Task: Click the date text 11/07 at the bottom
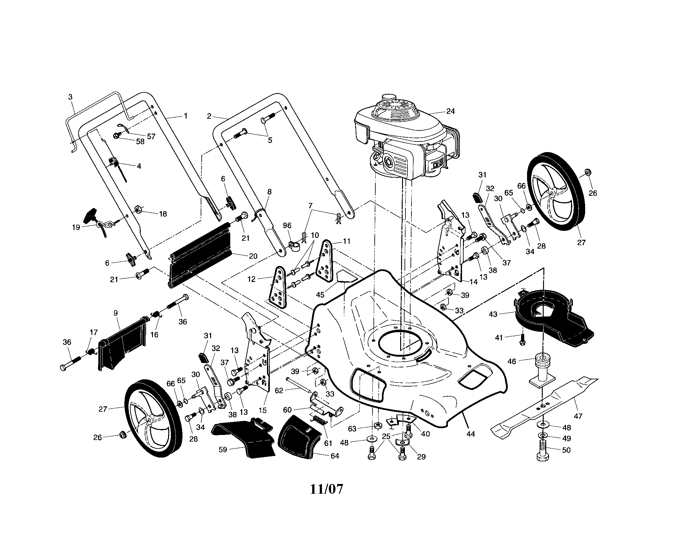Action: coord(326,489)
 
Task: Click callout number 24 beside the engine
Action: coord(450,111)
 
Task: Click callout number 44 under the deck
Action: coord(471,434)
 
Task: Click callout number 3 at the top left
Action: coord(70,97)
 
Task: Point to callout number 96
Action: coord(287,225)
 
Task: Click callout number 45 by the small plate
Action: coord(320,294)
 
